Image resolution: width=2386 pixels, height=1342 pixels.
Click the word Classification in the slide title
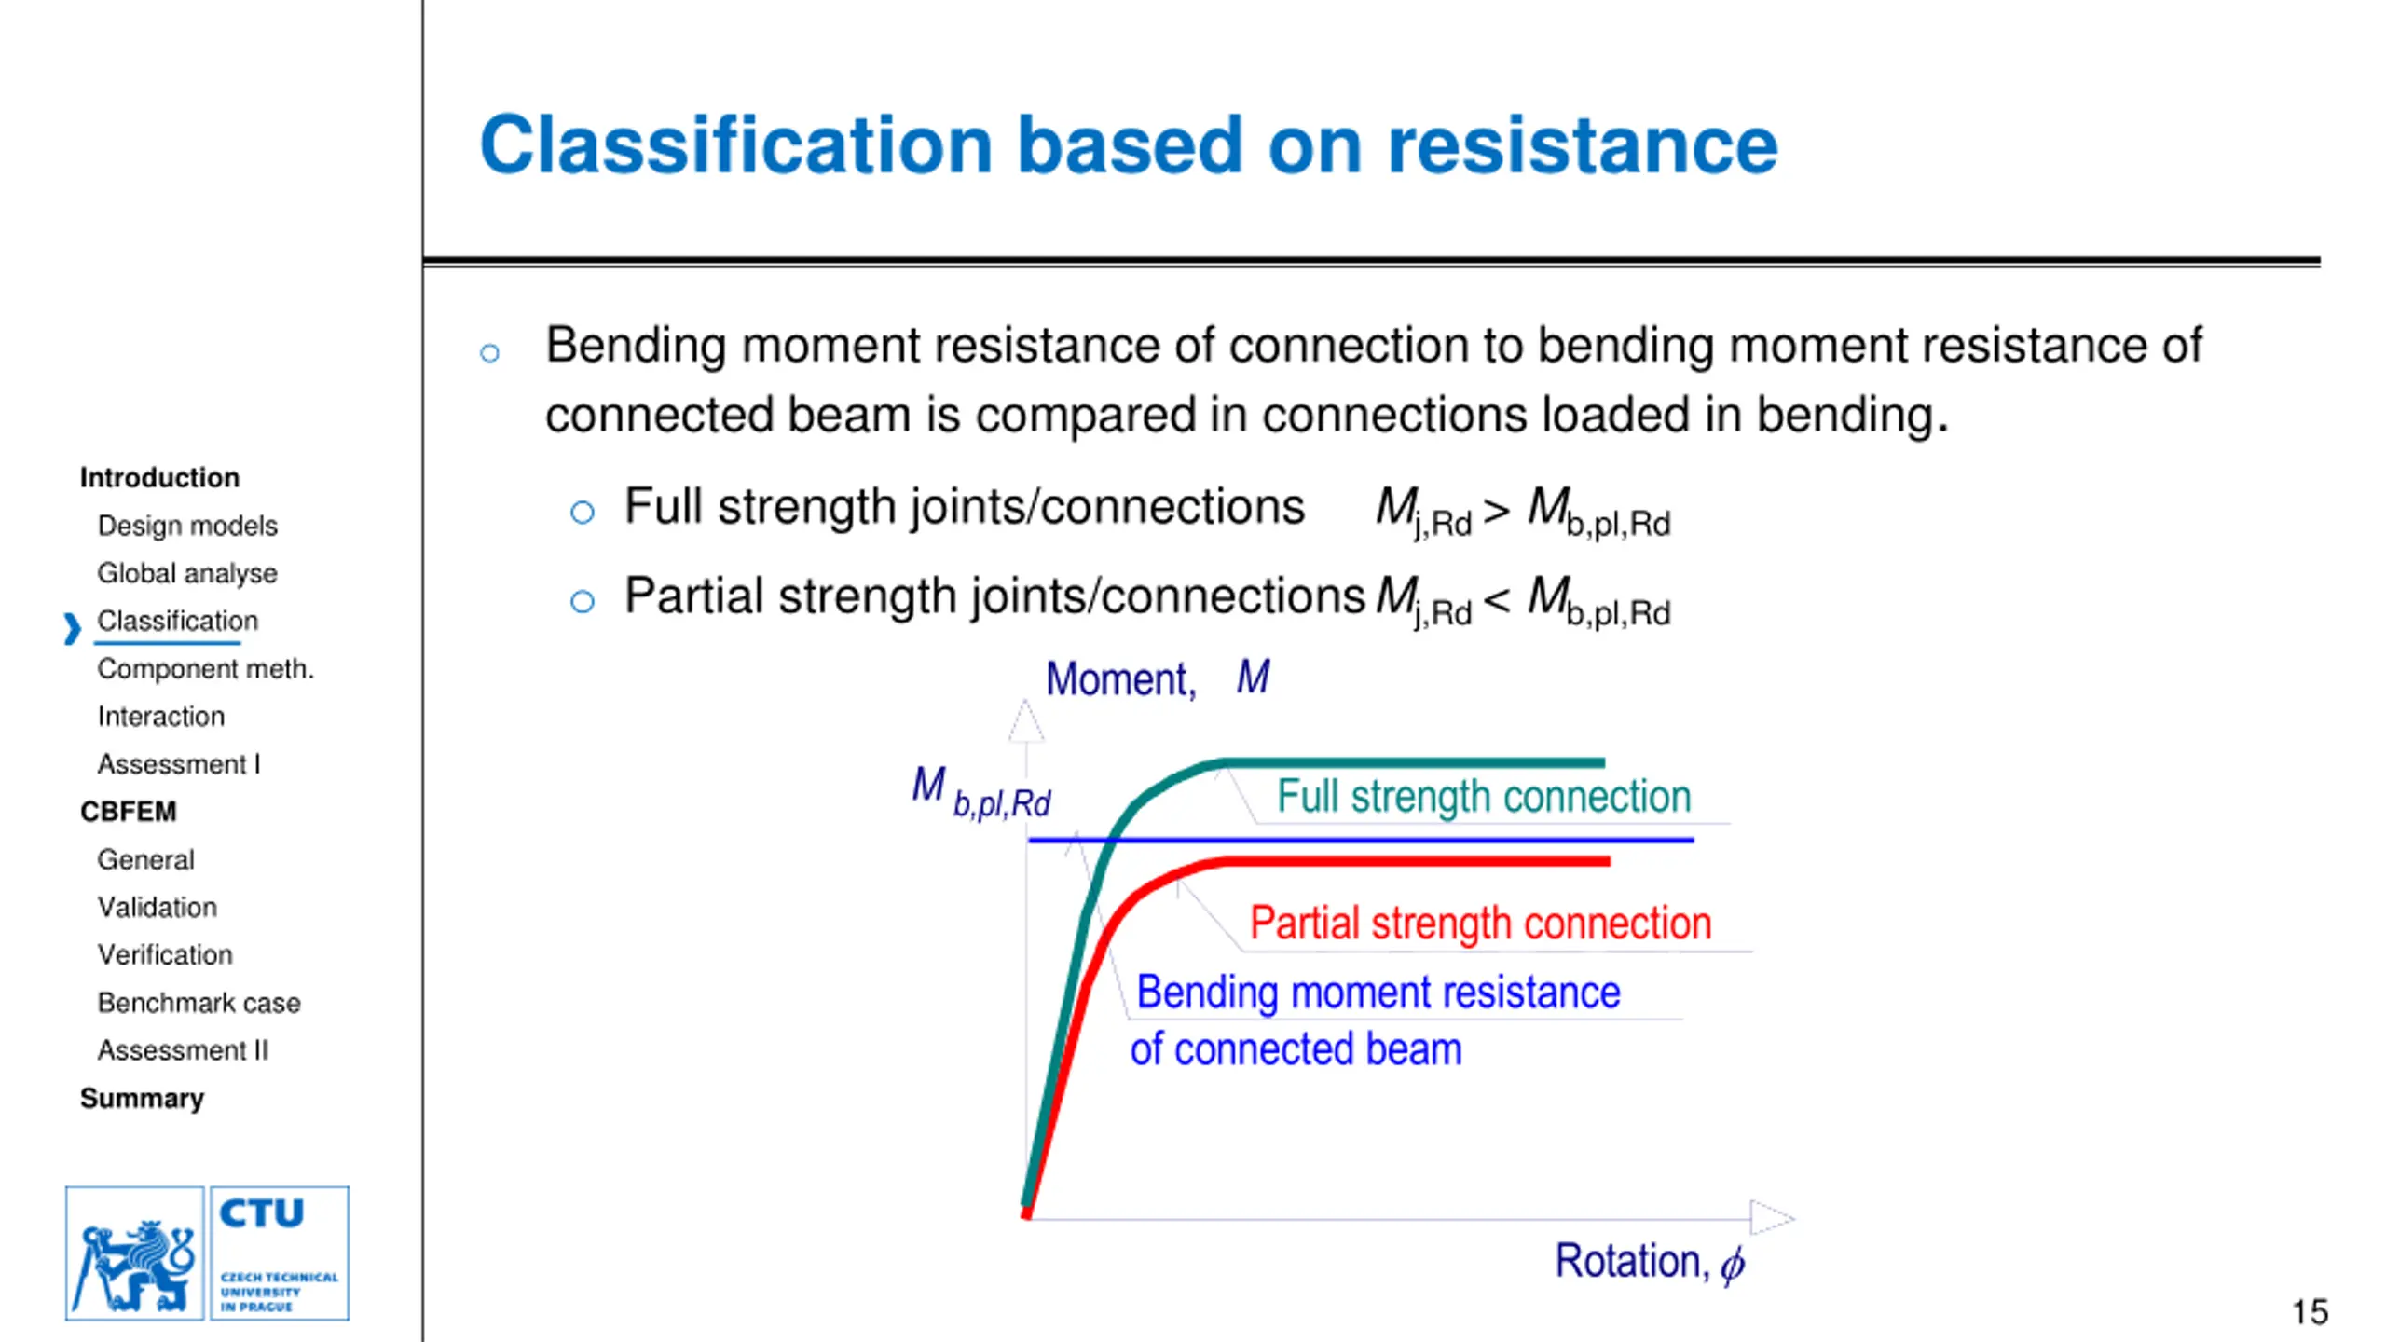pos(736,146)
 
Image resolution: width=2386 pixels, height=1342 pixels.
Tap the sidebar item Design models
pos(187,526)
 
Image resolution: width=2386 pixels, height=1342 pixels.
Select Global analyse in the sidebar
pos(187,573)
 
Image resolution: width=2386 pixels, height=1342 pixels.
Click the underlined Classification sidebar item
pos(177,621)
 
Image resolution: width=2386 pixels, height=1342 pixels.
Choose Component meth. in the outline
pos(205,669)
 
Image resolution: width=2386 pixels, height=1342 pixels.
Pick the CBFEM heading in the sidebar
pos(128,812)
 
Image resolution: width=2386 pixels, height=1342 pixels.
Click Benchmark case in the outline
pos(199,1003)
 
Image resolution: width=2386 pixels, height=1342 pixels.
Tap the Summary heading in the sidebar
pos(142,1099)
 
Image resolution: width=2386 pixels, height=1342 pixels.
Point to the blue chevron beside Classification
pos(72,628)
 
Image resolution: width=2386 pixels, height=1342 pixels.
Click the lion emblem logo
pos(135,1253)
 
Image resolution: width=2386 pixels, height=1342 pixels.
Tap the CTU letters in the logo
pos(262,1213)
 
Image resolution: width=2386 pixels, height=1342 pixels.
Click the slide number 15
pos(2310,1312)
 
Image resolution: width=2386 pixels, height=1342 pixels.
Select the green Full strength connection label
pos(1483,797)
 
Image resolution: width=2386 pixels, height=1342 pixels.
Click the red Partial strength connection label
pos(1480,924)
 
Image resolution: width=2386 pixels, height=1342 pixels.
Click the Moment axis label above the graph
pos(1157,678)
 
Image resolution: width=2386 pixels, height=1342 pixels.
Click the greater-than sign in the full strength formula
pos(1497,511)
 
